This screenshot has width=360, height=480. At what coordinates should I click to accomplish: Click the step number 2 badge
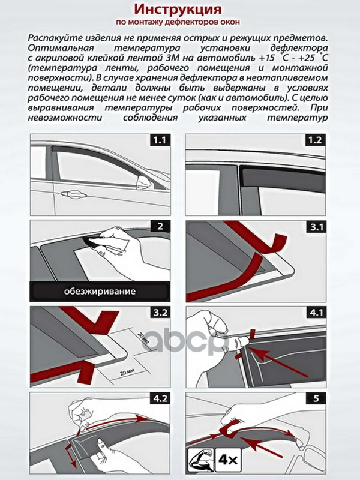point(160,227)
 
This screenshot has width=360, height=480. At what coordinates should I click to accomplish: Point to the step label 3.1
point(316,227)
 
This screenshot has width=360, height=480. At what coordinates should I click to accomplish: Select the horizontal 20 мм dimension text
point(124,372)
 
